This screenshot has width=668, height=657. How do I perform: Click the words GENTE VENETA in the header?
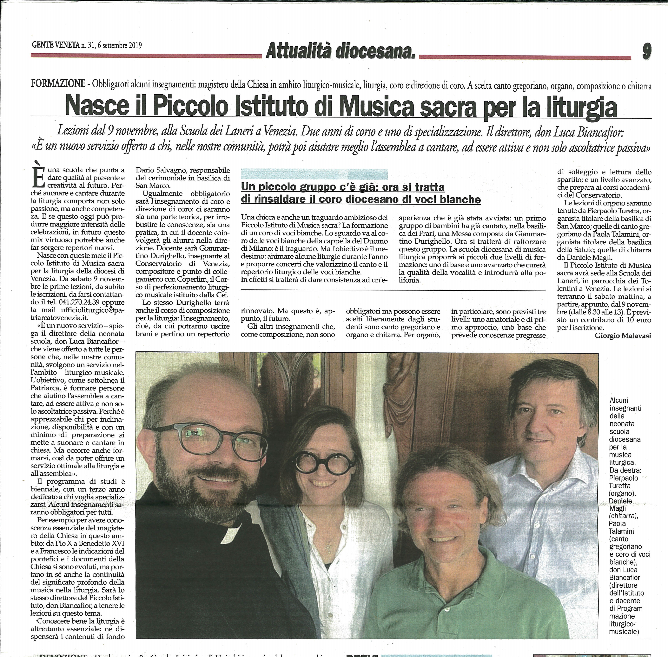click(x=55, y=45)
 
